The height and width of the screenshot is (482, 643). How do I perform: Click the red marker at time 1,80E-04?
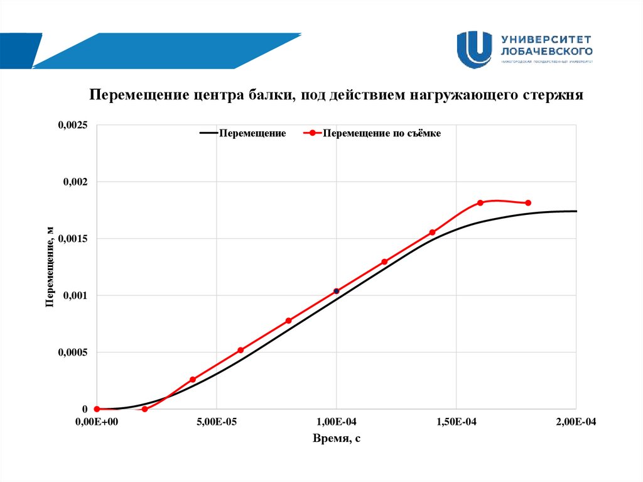[528, 203]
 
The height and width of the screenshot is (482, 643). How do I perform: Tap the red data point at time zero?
[97, 409]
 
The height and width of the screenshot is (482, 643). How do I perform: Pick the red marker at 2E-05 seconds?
[144, 409]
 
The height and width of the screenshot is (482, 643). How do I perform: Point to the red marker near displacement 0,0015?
[432, 233]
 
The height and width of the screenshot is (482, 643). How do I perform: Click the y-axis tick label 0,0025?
[73, 126]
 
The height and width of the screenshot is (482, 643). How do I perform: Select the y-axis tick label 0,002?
[76, 182]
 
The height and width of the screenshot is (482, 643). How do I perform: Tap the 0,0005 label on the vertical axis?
[73, 353]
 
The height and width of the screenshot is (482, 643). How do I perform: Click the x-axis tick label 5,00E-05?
[217, 422]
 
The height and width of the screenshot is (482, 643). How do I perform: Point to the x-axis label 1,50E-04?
[456, 422]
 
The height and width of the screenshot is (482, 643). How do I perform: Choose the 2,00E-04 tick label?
[575, 422]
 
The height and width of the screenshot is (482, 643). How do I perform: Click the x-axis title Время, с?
[337, 439]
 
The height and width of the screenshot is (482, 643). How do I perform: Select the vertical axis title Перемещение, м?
[50, 267]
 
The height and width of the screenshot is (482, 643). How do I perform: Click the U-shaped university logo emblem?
[474, 50]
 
